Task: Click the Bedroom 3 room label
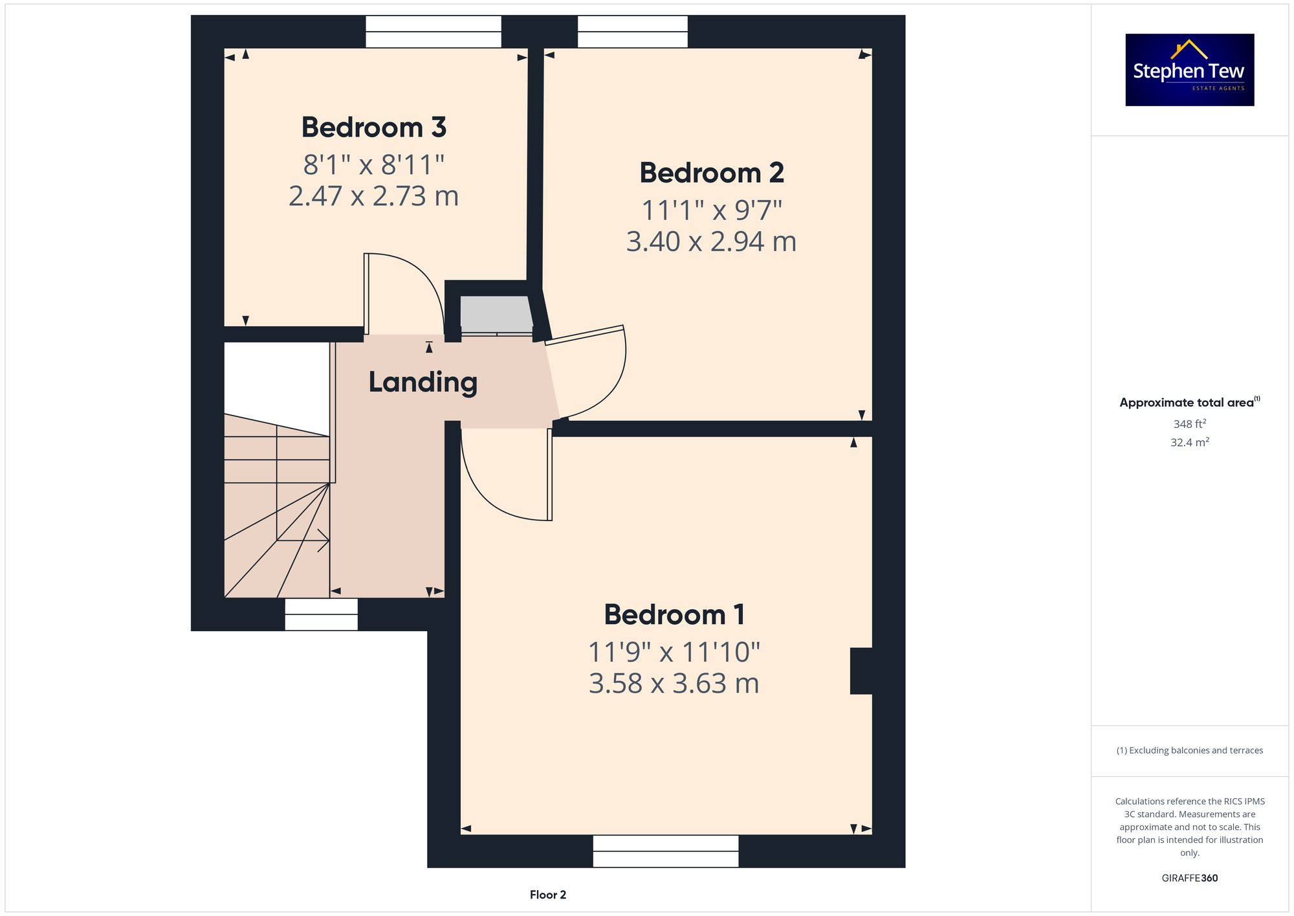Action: click(x=374, y=128)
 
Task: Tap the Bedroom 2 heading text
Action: click(x=712, y=173)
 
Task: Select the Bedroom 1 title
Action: click(x=674, y=615)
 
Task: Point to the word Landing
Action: click(x=422, y=382)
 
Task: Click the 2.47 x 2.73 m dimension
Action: click(x=373, y=196)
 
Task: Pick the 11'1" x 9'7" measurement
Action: click(x=712, y=210)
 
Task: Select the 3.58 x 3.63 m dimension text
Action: click(x=674, y=684)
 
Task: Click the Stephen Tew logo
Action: click(x=1189, y=70)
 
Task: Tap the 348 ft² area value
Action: click(x=1189, y=424)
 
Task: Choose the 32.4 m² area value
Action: click(x=1189, y=443)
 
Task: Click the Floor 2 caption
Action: click(x=547, y=895)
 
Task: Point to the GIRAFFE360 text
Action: click(x=1189, y=878)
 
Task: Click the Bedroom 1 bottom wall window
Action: click(x=665, y=851)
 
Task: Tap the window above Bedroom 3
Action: click(x=433, y=32)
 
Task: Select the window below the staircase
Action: click(x=321, y=614)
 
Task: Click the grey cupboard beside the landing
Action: click(x=496, y=314)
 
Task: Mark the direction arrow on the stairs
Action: click(x=322, y=540)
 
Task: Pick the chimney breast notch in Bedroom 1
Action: click(x=861, y=671)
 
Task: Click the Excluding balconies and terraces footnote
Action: click(x=1189, y=750)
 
